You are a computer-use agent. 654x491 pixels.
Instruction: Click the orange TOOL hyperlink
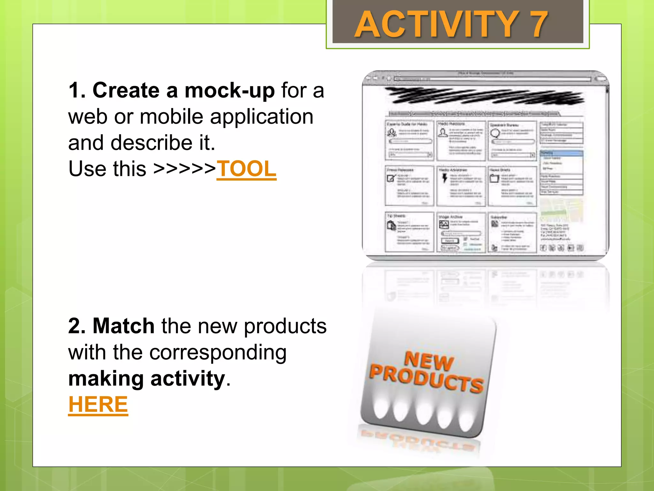246,169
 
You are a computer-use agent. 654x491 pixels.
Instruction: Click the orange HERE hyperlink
98,405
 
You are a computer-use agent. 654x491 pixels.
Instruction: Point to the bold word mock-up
229,90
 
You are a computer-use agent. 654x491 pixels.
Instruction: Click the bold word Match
123,326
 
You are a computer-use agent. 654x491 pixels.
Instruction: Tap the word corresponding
218,353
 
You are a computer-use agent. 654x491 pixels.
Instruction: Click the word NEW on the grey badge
429,362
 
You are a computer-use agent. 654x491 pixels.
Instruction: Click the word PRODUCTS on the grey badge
427,379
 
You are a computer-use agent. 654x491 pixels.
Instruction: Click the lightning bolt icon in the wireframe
445,178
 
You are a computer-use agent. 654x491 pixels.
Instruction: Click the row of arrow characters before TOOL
184,169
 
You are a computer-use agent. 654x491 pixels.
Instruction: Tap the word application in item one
262,117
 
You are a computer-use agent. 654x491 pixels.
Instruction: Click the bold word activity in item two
188,379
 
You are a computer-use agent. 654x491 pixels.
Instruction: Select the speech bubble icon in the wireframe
495,133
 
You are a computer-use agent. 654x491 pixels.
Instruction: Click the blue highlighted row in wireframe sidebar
561,153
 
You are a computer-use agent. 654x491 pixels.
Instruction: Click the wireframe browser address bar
492,79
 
